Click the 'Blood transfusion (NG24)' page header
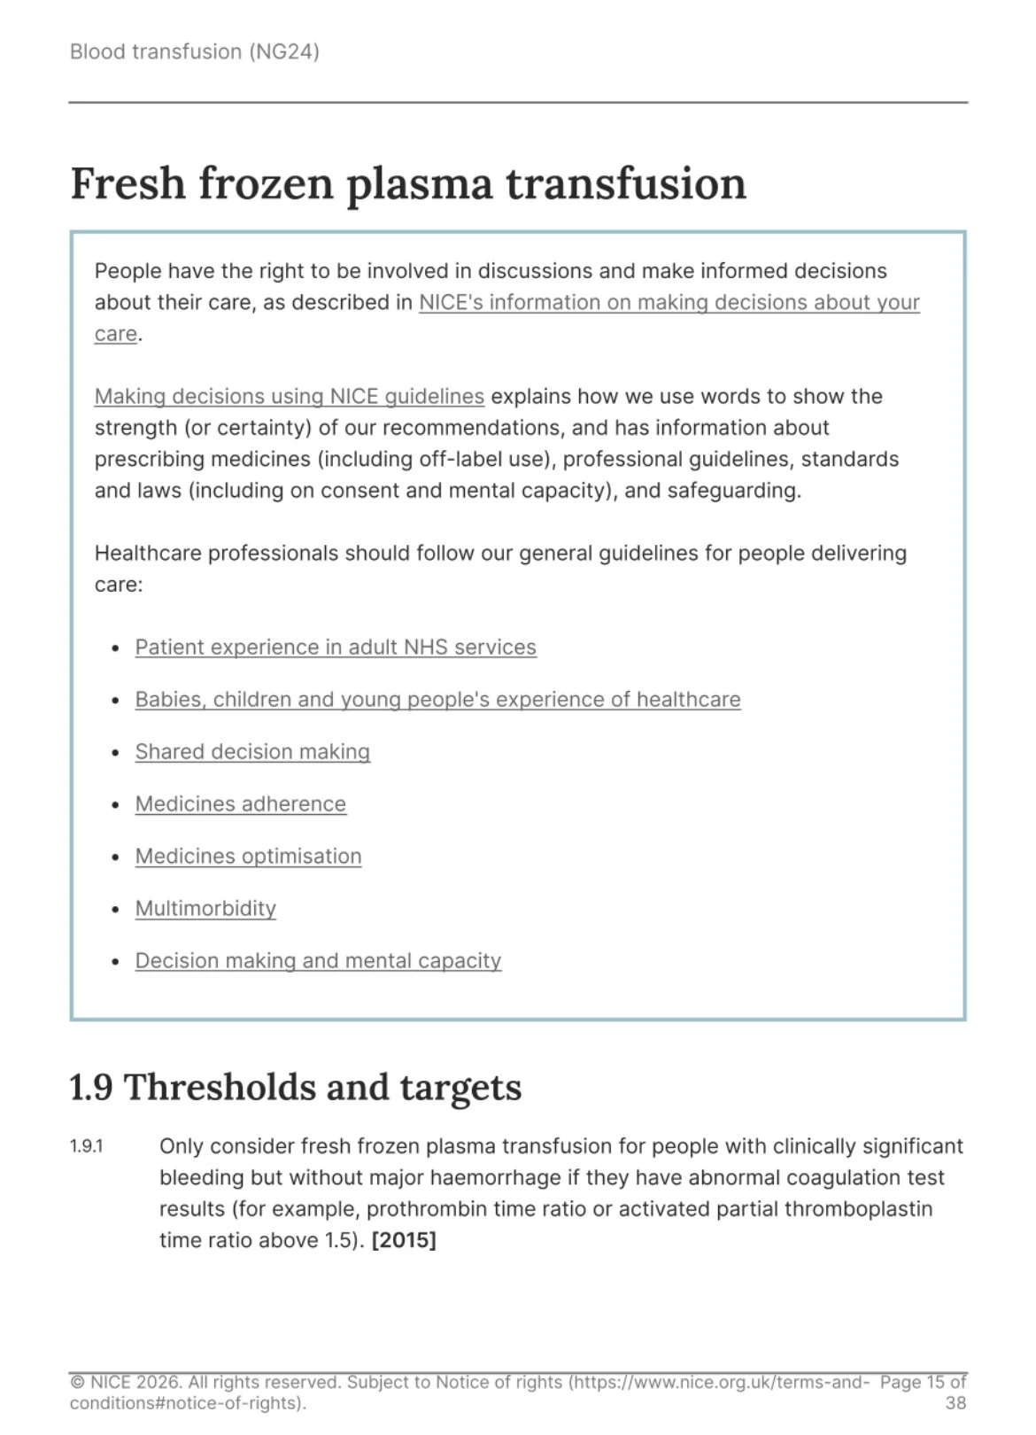[x=194, y=51]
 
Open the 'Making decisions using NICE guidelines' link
[x=289, y=396]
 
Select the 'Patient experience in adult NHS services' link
[x=336, y=648]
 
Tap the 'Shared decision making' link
[x=252, y=752]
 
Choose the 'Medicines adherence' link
[x=240, y=804]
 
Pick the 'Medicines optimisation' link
[x=248, y=857]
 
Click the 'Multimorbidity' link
[x=205, y=909]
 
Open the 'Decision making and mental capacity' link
[x=318, y=961]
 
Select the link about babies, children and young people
[x=437, y=700]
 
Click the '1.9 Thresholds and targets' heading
[x=295, y=1088]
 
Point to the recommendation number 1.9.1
[x=86, y=1147]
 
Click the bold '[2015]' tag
[x=404, y=1240]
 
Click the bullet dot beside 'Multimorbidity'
[x=115, y=910]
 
